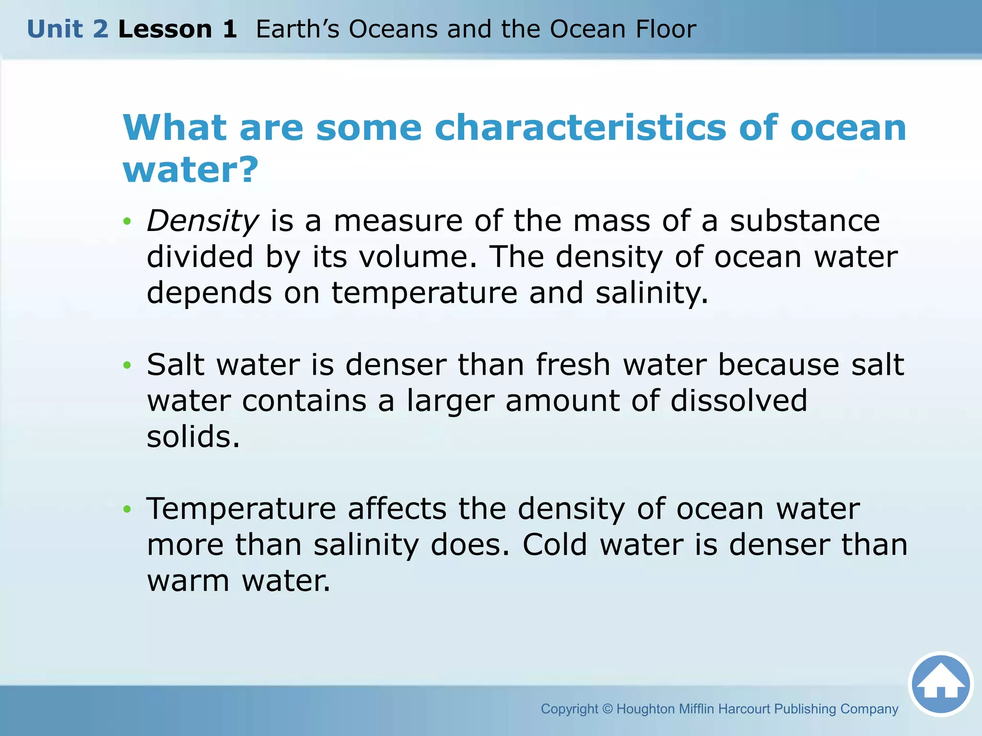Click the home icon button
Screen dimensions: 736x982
pos(941,684)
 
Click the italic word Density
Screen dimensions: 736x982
pos(202,221)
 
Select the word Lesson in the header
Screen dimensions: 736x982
pos(165,29)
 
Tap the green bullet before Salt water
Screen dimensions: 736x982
pos(127,366)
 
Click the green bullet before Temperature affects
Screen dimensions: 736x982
pos(127,509)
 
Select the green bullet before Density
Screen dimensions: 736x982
pos(127,221)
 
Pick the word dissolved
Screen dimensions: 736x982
pos(739,401)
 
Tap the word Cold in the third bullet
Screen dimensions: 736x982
pos(555,545)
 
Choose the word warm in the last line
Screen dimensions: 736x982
pos(188,581)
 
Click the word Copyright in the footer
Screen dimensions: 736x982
pos(569,709)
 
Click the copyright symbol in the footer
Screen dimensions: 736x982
pos(607,709)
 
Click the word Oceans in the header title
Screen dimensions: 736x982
pos(393,29)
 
